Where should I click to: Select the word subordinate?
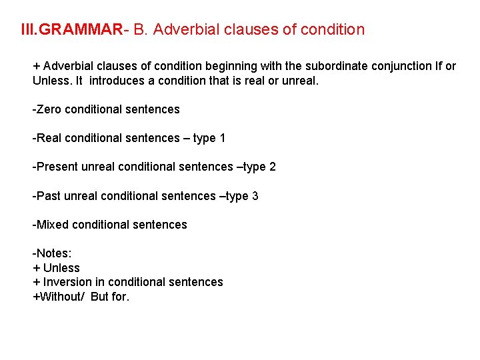[335, 66]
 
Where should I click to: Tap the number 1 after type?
[223, 138]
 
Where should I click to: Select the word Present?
[58, 167]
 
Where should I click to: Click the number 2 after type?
[273, 167]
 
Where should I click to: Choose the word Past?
[49, 196]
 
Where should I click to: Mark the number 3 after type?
[255, 196]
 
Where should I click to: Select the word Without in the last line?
[59, 297]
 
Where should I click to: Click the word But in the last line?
[99, 297]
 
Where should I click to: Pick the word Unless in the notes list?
[61, 268]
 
